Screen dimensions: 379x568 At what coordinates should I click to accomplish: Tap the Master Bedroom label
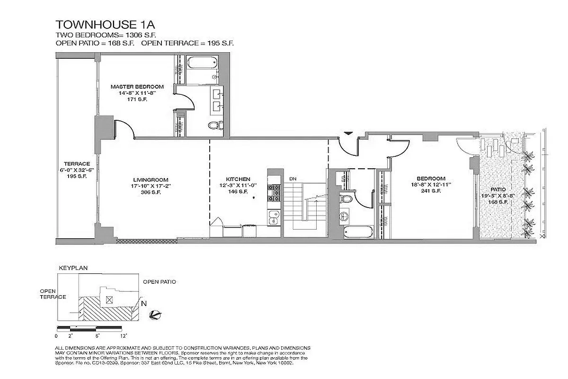click(x=137, y=87)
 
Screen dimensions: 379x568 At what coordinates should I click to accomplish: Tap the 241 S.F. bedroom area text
click(x=428, y=191)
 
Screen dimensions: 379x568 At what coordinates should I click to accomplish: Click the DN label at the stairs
click(x=293, y=179)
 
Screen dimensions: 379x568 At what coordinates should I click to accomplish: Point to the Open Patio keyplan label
click(x=160, y=282)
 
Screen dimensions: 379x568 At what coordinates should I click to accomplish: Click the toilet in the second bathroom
click(x=345, y=199)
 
